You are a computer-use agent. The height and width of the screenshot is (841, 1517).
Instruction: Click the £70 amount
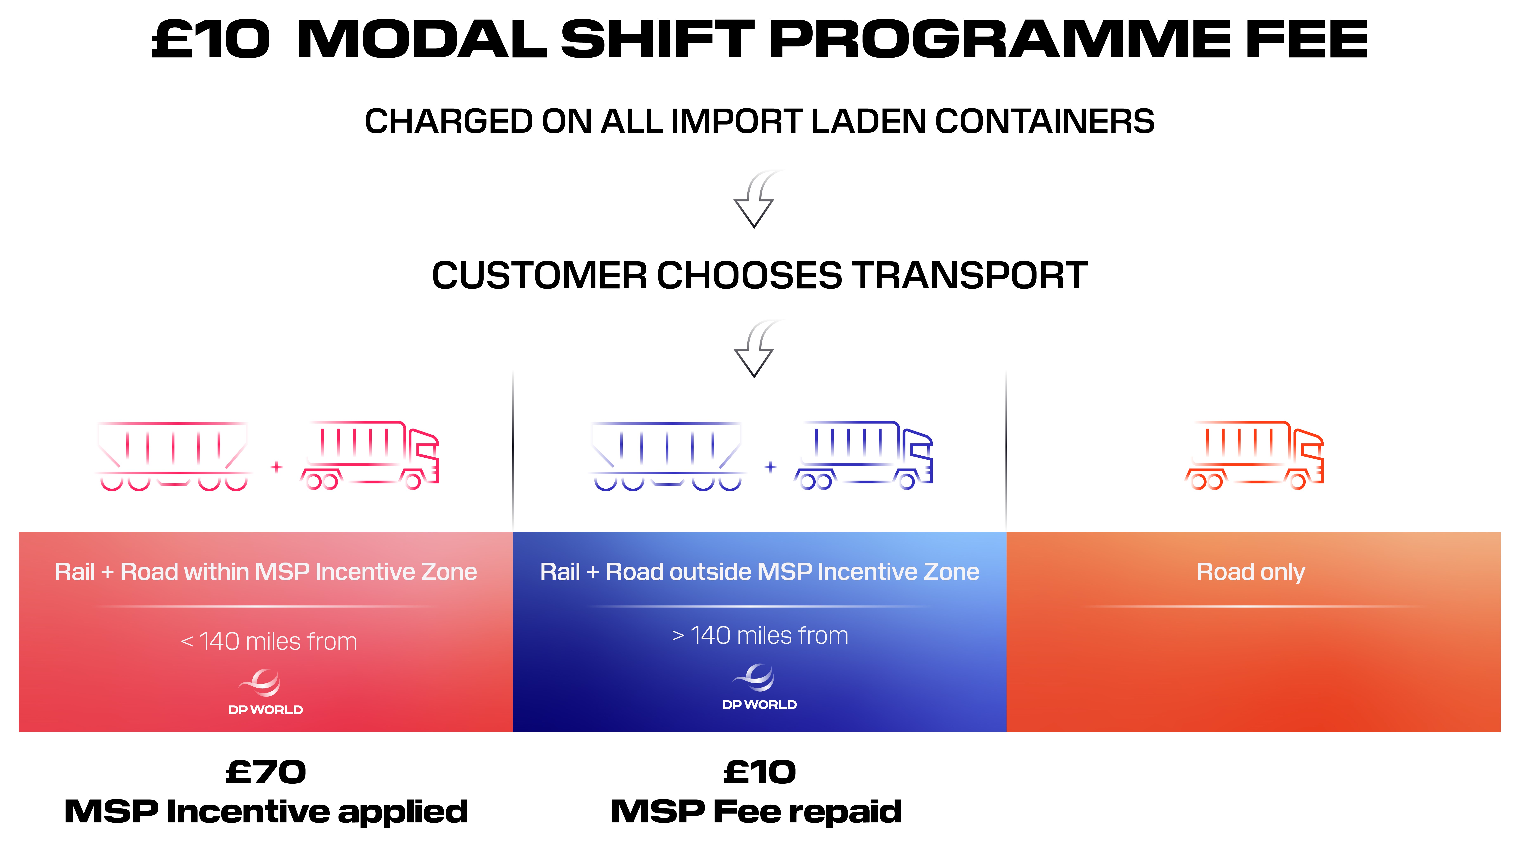coord(266,772)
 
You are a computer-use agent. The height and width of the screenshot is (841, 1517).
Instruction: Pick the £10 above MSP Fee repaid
coord(760,772)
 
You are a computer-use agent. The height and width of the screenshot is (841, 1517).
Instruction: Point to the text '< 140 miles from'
coord(269,641)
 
